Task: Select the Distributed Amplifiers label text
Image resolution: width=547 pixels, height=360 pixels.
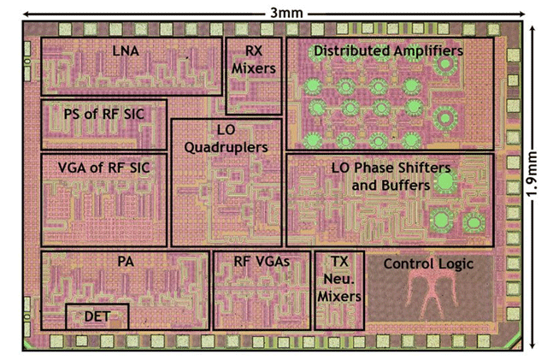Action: [x=388, y=51]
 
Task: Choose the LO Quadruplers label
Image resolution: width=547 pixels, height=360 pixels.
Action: [x=226, y=138]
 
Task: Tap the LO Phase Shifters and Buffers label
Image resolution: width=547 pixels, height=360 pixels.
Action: [x=390, y=176]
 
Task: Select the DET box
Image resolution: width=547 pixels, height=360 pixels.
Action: [x=97, y=316]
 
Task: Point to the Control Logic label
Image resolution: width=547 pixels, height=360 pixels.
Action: [x=428, y=264]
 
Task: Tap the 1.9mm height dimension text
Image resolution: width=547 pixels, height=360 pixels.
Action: [x=532, y=180]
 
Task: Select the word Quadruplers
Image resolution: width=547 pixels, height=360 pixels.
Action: [x=226, y=147]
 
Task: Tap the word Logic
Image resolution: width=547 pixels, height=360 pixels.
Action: [x=456, y=264]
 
